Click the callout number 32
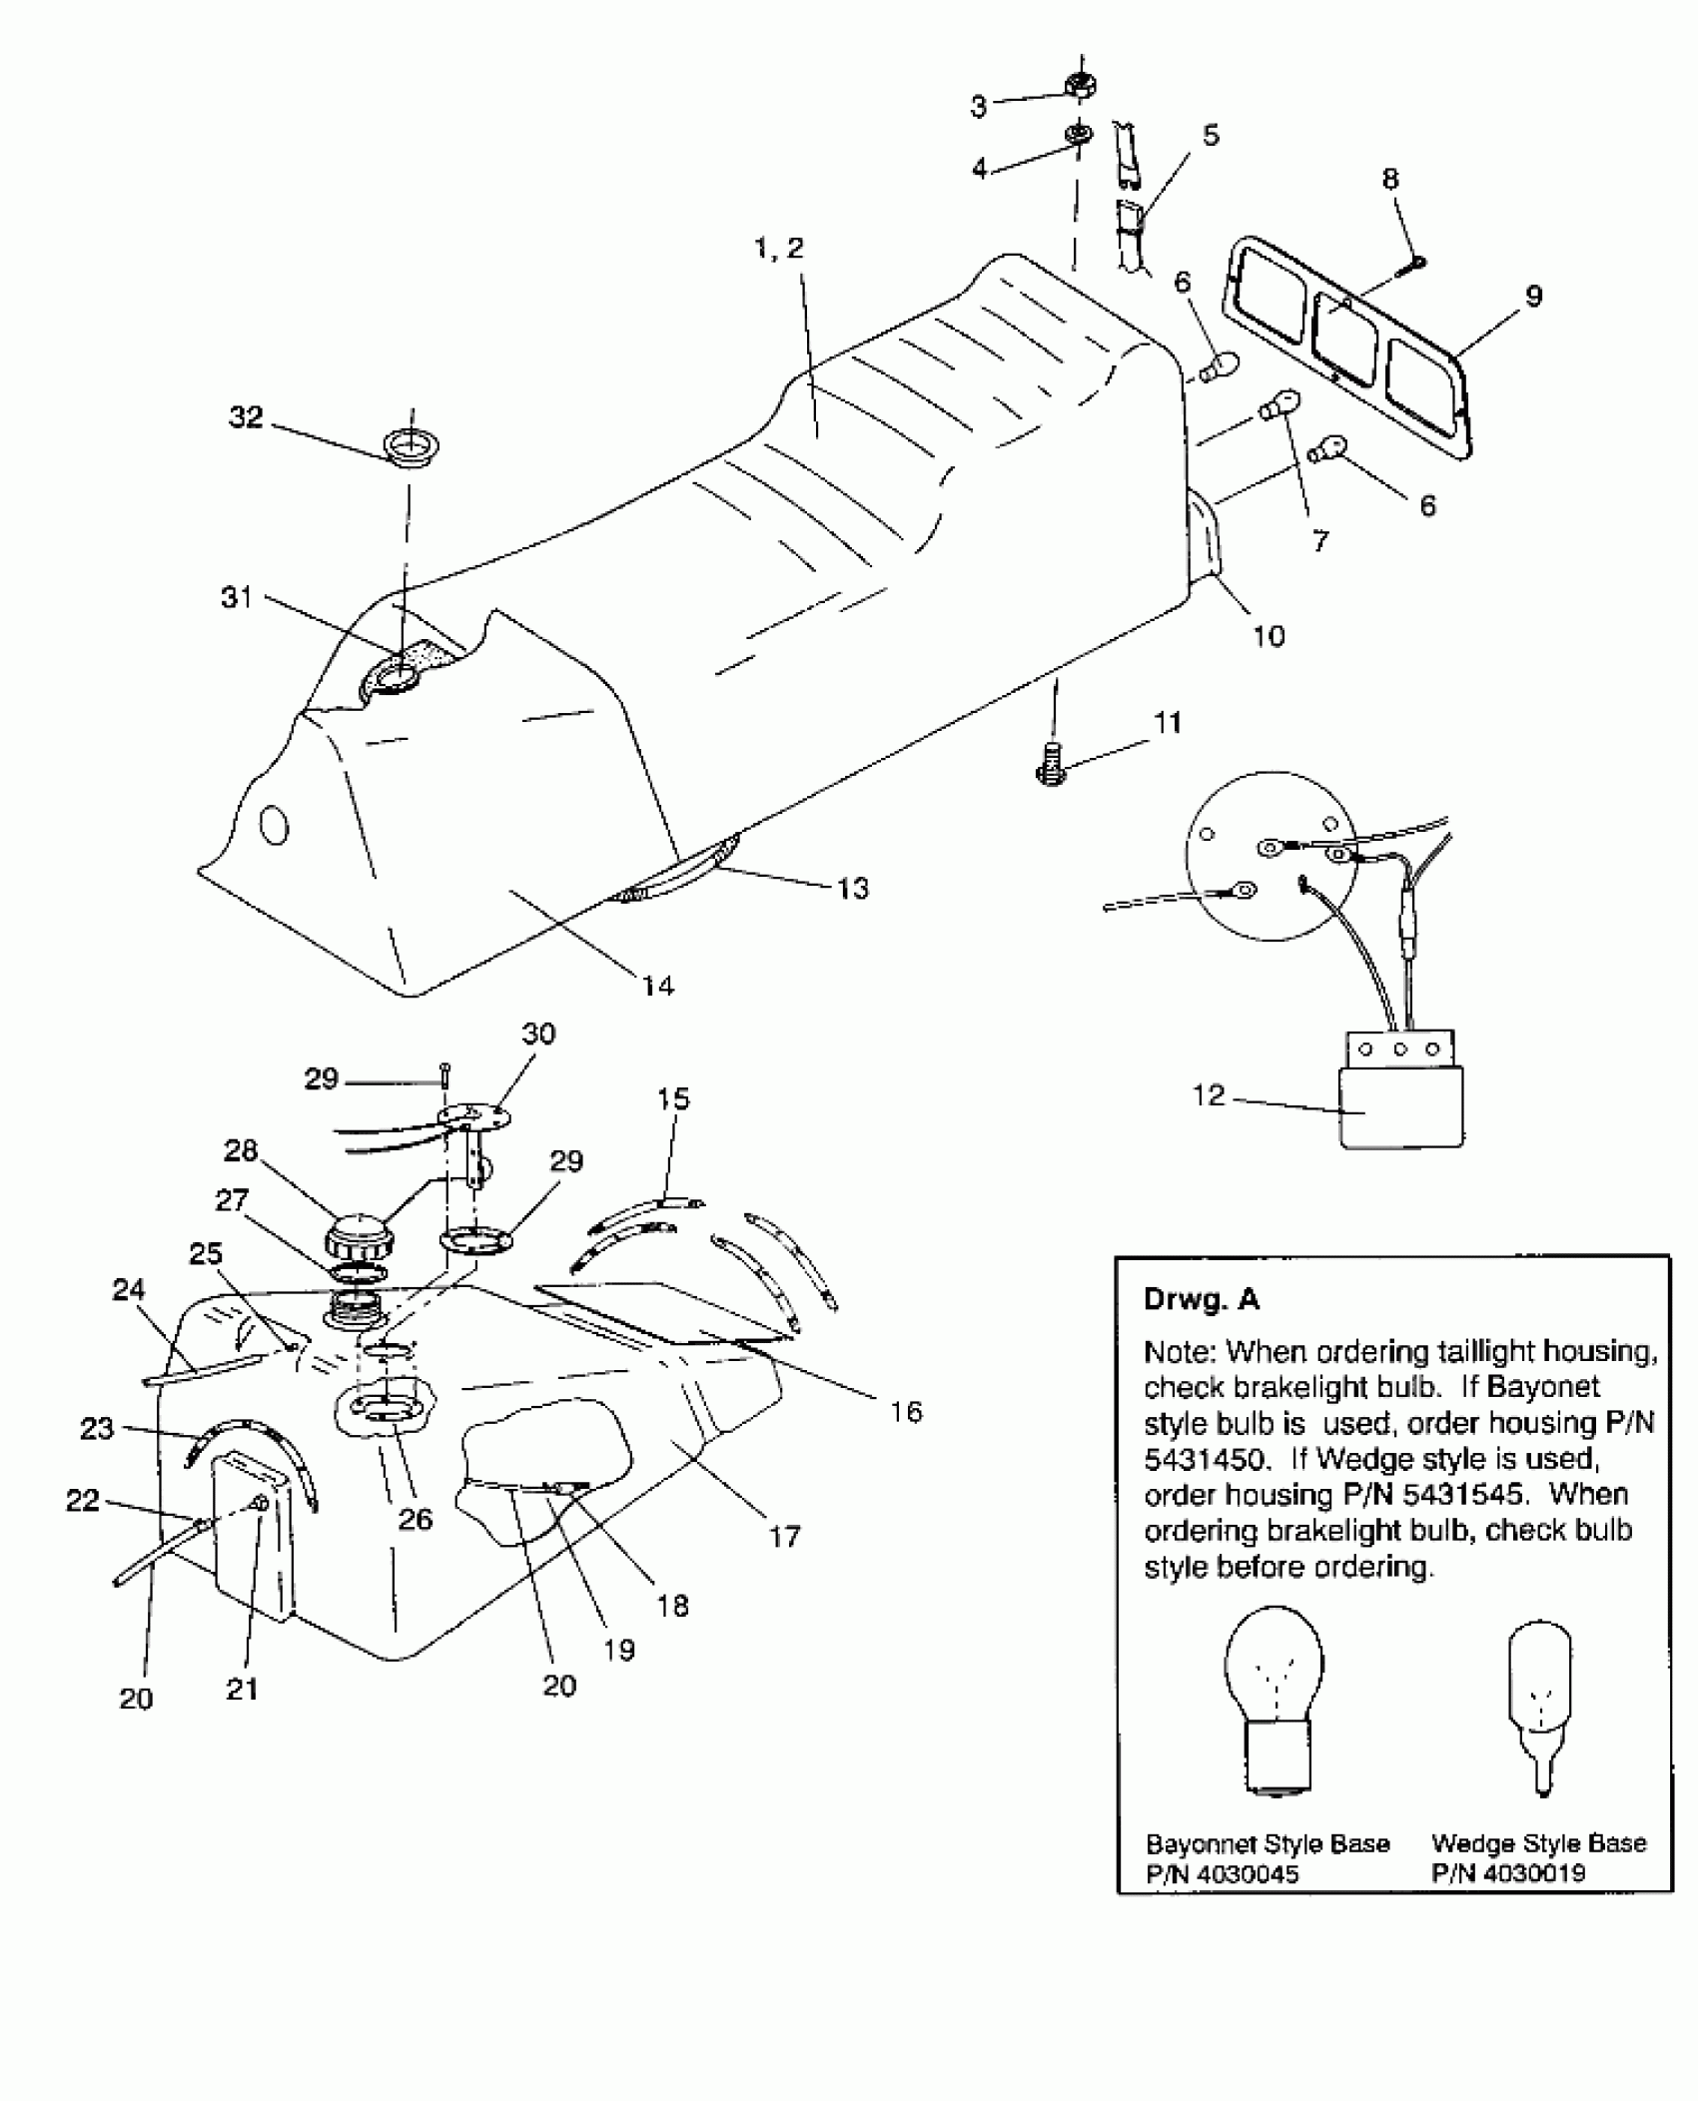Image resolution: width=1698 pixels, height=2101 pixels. [x=246, y=416]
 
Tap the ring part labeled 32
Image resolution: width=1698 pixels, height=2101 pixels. [x=413, y=447]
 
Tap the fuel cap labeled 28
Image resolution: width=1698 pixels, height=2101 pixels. [x=359, y=1238]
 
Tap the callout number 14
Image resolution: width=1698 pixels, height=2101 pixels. [x=658, y=986]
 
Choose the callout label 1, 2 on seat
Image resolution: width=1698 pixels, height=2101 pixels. [x=779, y=249]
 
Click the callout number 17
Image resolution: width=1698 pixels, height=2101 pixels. [x=785, y=1536]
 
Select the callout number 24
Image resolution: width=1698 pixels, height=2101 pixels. [x=129, y=1290]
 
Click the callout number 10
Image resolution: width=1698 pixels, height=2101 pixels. [x=1269, y=636]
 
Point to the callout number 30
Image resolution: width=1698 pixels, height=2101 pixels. [x=538, y=1034]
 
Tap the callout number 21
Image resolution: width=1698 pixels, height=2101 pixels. [x=242, y=1689]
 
